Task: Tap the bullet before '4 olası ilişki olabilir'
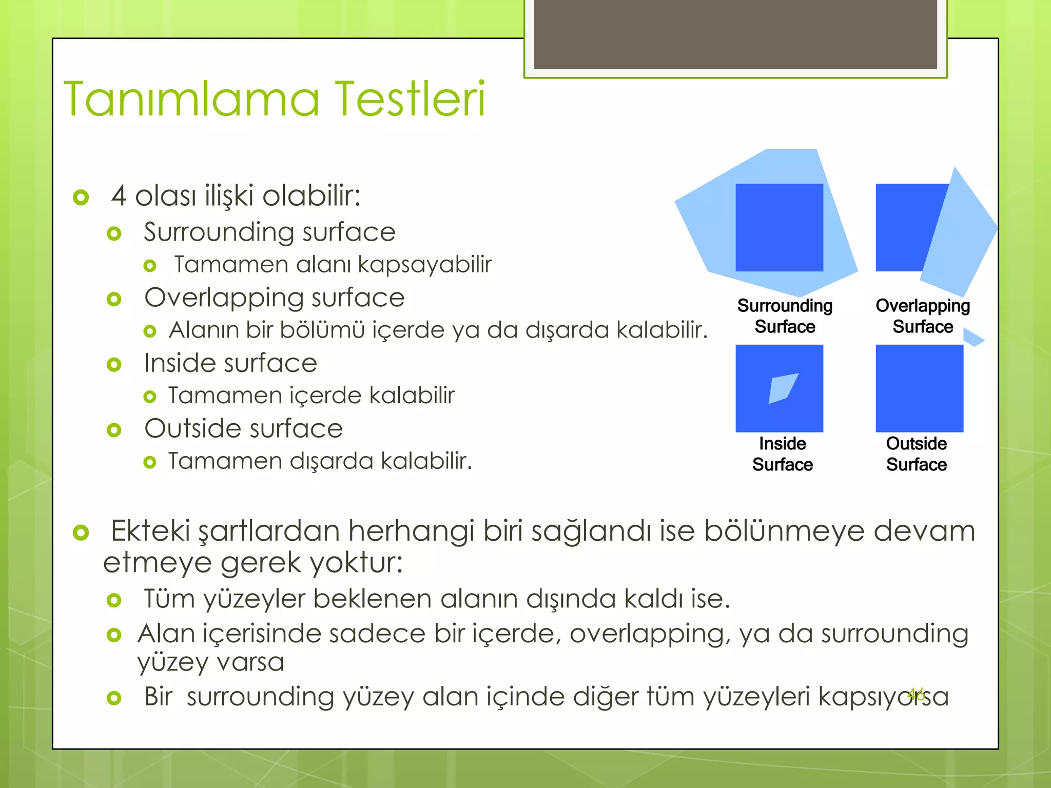(81, 197)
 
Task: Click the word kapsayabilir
(424, 265)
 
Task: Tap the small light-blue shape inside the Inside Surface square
(783, 388)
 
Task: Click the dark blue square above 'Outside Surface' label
(919, 388)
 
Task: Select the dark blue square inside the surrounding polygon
(779, 227)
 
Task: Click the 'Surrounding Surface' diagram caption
(785, 316)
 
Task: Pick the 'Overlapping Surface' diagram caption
(923, 316)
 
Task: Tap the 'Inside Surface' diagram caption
(783, 454)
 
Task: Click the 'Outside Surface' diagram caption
(917, 454)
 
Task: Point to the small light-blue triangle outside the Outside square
(973, 338)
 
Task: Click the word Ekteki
(150, 531)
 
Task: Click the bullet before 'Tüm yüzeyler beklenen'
(114, 600)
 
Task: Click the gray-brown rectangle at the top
(735, 34)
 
